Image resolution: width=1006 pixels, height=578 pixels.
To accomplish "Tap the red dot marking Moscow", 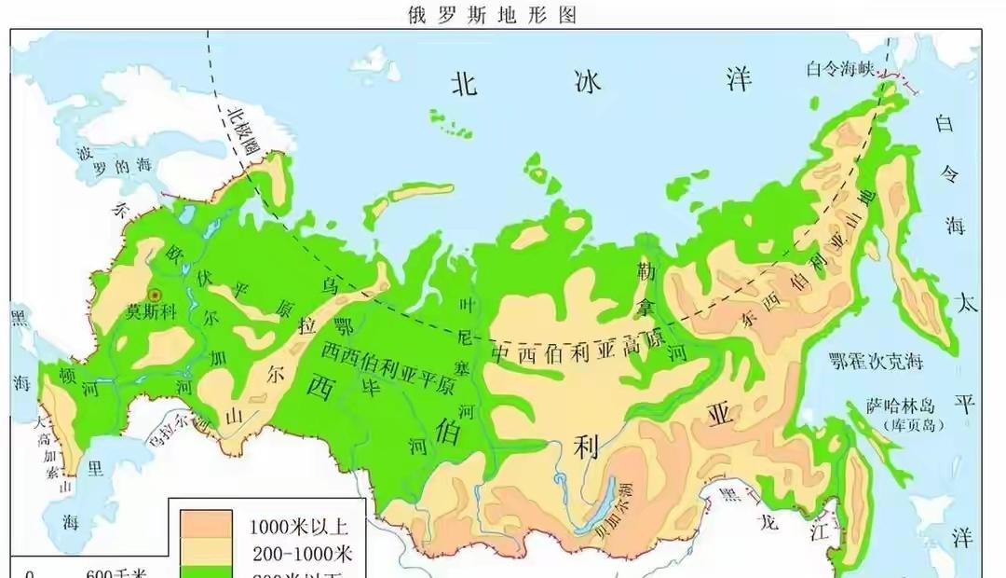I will click(x=155, y=294).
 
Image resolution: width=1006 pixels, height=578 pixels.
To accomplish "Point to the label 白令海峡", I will click(x=840, y=67).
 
